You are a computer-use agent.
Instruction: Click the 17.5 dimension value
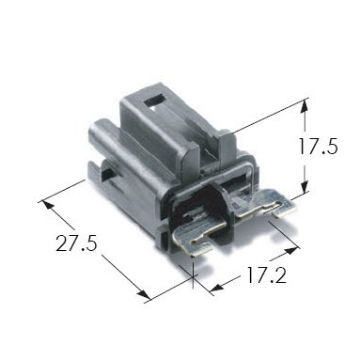click(x=318, y=147)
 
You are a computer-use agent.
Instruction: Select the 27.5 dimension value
click(x=76, y=243)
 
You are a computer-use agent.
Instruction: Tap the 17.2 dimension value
click(x=267, y=275)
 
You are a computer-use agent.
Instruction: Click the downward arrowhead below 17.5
click(x=304, y=186)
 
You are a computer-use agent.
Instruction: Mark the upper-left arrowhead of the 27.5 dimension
click(x=47, y=205)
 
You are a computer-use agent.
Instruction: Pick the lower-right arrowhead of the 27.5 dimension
click(x=143, y=294)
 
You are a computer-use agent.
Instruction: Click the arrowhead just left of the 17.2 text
click(x=216, y=286)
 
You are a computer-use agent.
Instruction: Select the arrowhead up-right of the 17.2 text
click(x=290, y=251)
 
